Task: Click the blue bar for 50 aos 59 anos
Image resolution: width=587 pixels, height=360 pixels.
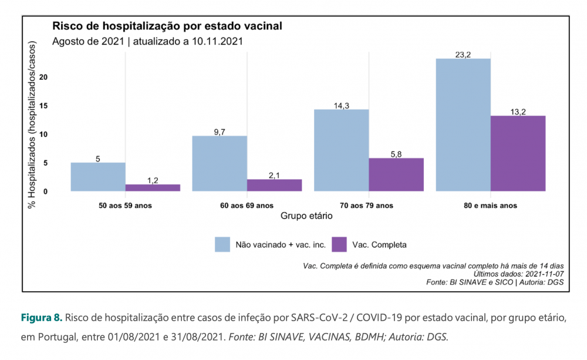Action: coord(98,177)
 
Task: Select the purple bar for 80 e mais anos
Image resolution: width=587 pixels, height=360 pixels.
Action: coord(518,153)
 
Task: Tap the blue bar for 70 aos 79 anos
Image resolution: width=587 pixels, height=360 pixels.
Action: coord(342,150)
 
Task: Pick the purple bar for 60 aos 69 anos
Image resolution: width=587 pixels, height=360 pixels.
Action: coord(274,185)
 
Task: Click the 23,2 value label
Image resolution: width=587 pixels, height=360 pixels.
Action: coord(463,55)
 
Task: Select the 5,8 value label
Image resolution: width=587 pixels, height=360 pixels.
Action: coord(396,154)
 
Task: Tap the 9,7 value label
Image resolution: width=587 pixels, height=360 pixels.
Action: coord(220,132)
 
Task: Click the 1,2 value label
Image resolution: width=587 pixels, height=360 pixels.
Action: coord(153,180)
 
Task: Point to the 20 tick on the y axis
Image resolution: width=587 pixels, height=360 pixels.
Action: coord(60,77)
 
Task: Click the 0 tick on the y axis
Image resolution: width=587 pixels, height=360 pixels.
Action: coord(62,191)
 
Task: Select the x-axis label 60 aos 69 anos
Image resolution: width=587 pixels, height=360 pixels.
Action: coord(247,206)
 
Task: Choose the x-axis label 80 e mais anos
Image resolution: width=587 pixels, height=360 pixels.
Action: coord(491,206)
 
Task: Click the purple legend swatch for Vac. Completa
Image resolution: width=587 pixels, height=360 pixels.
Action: coord(339,244)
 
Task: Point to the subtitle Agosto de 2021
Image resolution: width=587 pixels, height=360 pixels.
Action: coord(88,42)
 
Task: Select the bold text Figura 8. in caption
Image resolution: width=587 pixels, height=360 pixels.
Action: coord(41,318)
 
